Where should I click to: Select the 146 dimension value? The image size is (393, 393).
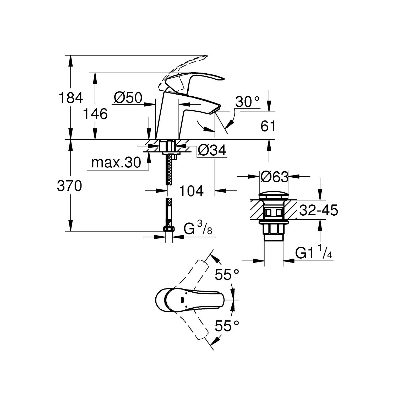95,114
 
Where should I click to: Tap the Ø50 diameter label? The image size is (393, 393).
128,98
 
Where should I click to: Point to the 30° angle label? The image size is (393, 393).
247,102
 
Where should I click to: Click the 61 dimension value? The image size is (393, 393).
268,127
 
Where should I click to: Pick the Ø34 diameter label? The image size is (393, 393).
212,151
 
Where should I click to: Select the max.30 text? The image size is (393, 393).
116,163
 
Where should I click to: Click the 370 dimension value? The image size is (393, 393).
69,186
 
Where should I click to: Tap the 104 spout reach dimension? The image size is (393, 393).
191,191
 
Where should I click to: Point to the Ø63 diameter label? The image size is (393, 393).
274,177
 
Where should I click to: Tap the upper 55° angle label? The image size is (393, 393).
227,275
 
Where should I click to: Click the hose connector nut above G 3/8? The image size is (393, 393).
169,228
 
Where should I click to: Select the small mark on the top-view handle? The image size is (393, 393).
183,299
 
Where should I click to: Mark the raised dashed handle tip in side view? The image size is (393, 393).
204,56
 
